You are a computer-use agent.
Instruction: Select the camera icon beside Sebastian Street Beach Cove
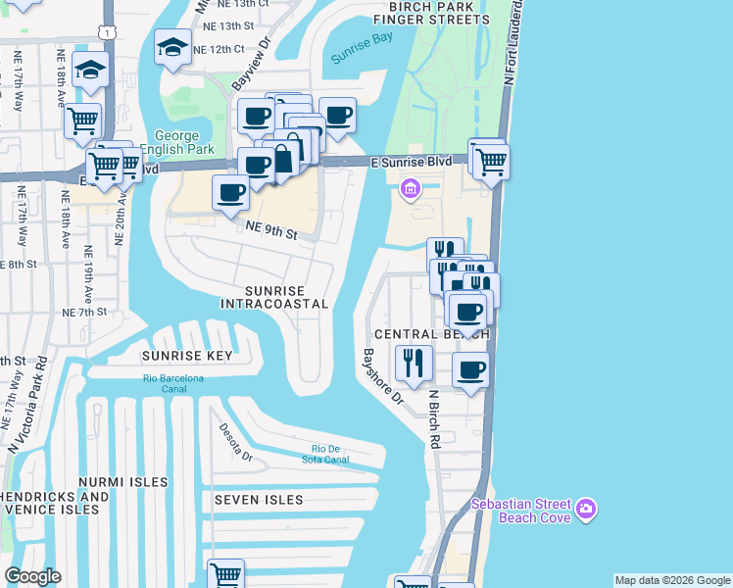586,508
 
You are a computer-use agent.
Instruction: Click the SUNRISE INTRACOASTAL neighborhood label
273,298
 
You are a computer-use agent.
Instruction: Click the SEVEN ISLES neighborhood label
259,500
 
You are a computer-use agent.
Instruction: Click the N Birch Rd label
432,417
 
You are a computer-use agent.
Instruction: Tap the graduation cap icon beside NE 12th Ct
171,46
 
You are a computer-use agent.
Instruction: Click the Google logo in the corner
31,576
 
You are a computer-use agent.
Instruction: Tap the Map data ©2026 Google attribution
672,580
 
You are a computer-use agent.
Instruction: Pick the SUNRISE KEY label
187,356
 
